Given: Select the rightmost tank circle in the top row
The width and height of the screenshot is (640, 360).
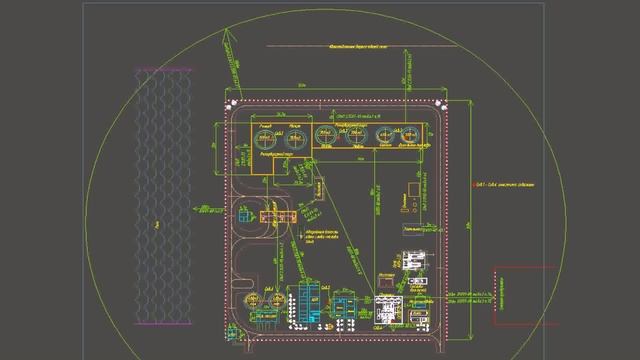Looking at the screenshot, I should click(411, 137).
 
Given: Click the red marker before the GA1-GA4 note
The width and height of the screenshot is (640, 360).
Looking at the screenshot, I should click(469, 185).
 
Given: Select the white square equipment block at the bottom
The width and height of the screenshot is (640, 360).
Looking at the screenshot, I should click(387, 308).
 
